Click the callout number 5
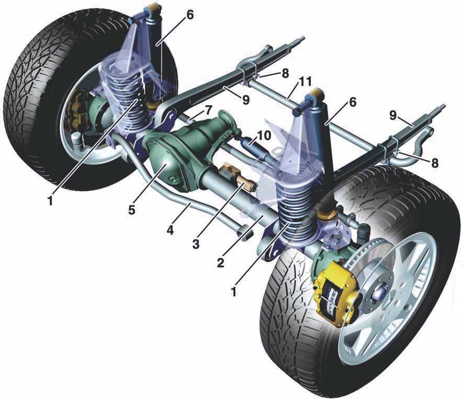pyautogui.click(x=131, y=209)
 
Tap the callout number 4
pyautogui.click(x=170, y=230)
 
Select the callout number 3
pyautogui.click(x=196, y=244)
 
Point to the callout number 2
pyautogui.click(x=221, y=262)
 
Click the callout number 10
pyautogui.click(x=264, y=136)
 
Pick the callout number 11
pyautogui.click(x=304, y=82)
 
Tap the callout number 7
pyautogui.click(x=208, y=110)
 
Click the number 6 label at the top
pyautogui.click(x=190, y=15)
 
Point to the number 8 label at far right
pyautogui.click(x=434, y=163)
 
